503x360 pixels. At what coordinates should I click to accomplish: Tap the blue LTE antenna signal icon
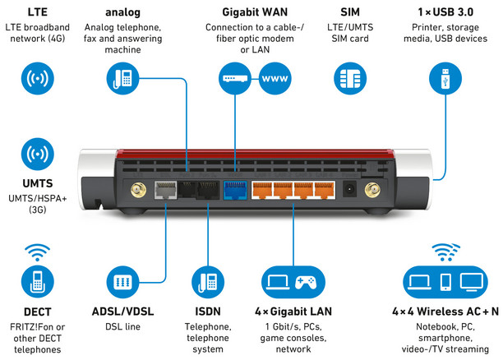click(36, 80)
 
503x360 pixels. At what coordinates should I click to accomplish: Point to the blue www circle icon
click(275, 80)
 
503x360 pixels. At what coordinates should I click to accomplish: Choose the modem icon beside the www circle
click(233, 80)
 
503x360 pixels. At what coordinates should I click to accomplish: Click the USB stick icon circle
click(445, 80)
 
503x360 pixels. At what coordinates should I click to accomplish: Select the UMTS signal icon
click(36, 154)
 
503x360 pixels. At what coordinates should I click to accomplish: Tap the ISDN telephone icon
click(204, 284)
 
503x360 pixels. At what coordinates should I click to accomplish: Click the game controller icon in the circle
click(306, 284)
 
